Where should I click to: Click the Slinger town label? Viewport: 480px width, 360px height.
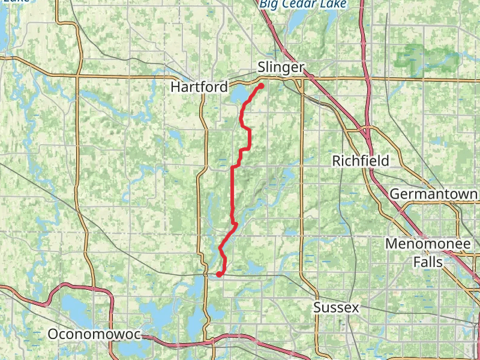pyautogui.click(x=281, y=68)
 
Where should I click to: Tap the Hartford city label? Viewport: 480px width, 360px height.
pyautogui.click(x=199, y=87)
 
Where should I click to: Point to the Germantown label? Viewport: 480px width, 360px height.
pyautogui.click(x=434, y=194)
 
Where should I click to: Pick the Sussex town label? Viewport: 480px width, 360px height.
pyautogui.click(x=336, y=308)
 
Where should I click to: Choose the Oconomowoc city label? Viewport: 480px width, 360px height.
pyautogui.click(x=94, y=334)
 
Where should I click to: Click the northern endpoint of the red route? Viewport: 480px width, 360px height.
pyautogui.click(x=262, y=86)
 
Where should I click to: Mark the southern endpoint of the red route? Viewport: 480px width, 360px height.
pyautogui.click(x=219, y=274)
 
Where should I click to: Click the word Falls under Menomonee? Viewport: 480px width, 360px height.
pyautogui.click(x=427, y=262)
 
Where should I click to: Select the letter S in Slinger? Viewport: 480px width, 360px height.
pyautogui.click(x=262, y=68)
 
